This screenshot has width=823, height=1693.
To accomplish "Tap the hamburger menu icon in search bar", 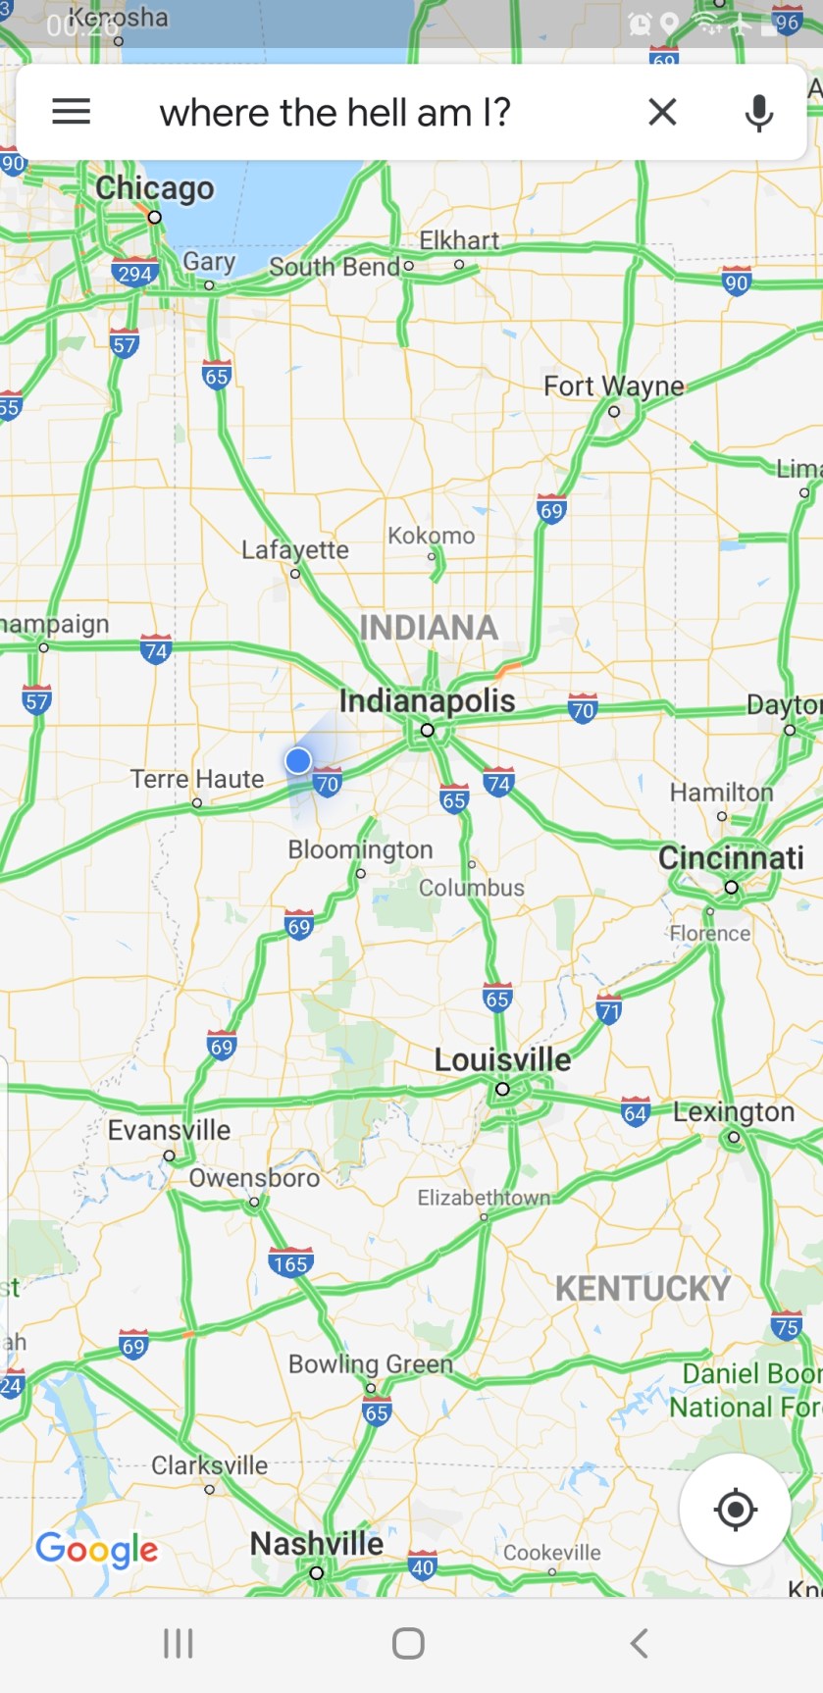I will point(71,112).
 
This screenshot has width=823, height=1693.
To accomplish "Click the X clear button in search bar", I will point(663,112).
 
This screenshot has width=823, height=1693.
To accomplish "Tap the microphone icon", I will point(758,113).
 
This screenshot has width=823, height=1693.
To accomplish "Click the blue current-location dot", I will point(298,760).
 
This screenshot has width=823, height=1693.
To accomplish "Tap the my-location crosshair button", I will point(735,1510).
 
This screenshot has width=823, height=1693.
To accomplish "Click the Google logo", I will point(96,1550).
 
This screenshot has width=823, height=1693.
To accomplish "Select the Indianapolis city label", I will point(427,701).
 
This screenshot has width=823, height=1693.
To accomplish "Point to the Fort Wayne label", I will point(614,386).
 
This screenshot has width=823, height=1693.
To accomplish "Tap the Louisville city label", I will point(502,1060).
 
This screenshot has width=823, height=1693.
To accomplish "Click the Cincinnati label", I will point(731,858).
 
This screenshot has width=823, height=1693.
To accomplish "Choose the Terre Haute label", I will point(197,780).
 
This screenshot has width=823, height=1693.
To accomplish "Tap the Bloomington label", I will point(360,849).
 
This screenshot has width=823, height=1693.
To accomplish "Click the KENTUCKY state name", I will point(643,1288).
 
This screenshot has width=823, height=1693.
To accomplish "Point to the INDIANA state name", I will point(429,628).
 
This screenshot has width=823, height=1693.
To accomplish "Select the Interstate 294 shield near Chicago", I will point(134,273).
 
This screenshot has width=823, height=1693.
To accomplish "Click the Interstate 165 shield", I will point(290,1262).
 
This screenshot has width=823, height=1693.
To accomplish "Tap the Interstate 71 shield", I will point(609,1009).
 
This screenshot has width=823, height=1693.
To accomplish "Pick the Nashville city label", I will point(317,1544).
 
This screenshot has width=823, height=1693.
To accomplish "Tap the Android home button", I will point(408,1643).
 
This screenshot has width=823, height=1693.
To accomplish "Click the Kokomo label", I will point(431,536).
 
